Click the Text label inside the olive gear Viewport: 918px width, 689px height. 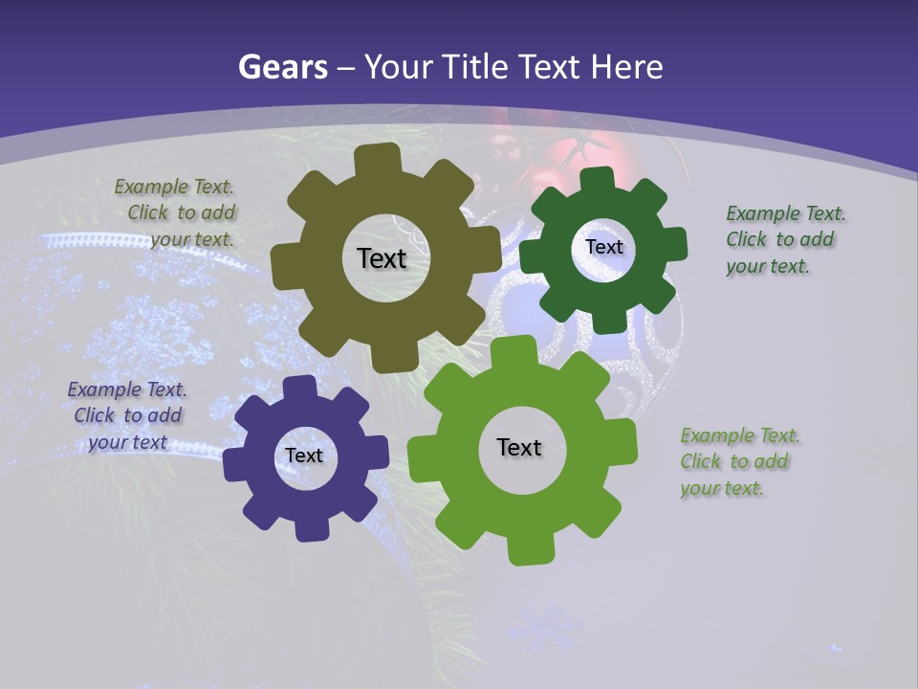[x=382, y=258]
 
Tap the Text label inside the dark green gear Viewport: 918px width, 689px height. [x=603, y=247]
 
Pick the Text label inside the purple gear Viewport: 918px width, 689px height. [x=304, y=456]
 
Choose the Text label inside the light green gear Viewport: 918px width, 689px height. [x=519, y=447]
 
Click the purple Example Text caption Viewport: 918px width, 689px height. [x=127, y=416]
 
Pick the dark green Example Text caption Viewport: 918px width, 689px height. [x=784, y=239]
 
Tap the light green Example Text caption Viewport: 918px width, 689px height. [x=738, y=461]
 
